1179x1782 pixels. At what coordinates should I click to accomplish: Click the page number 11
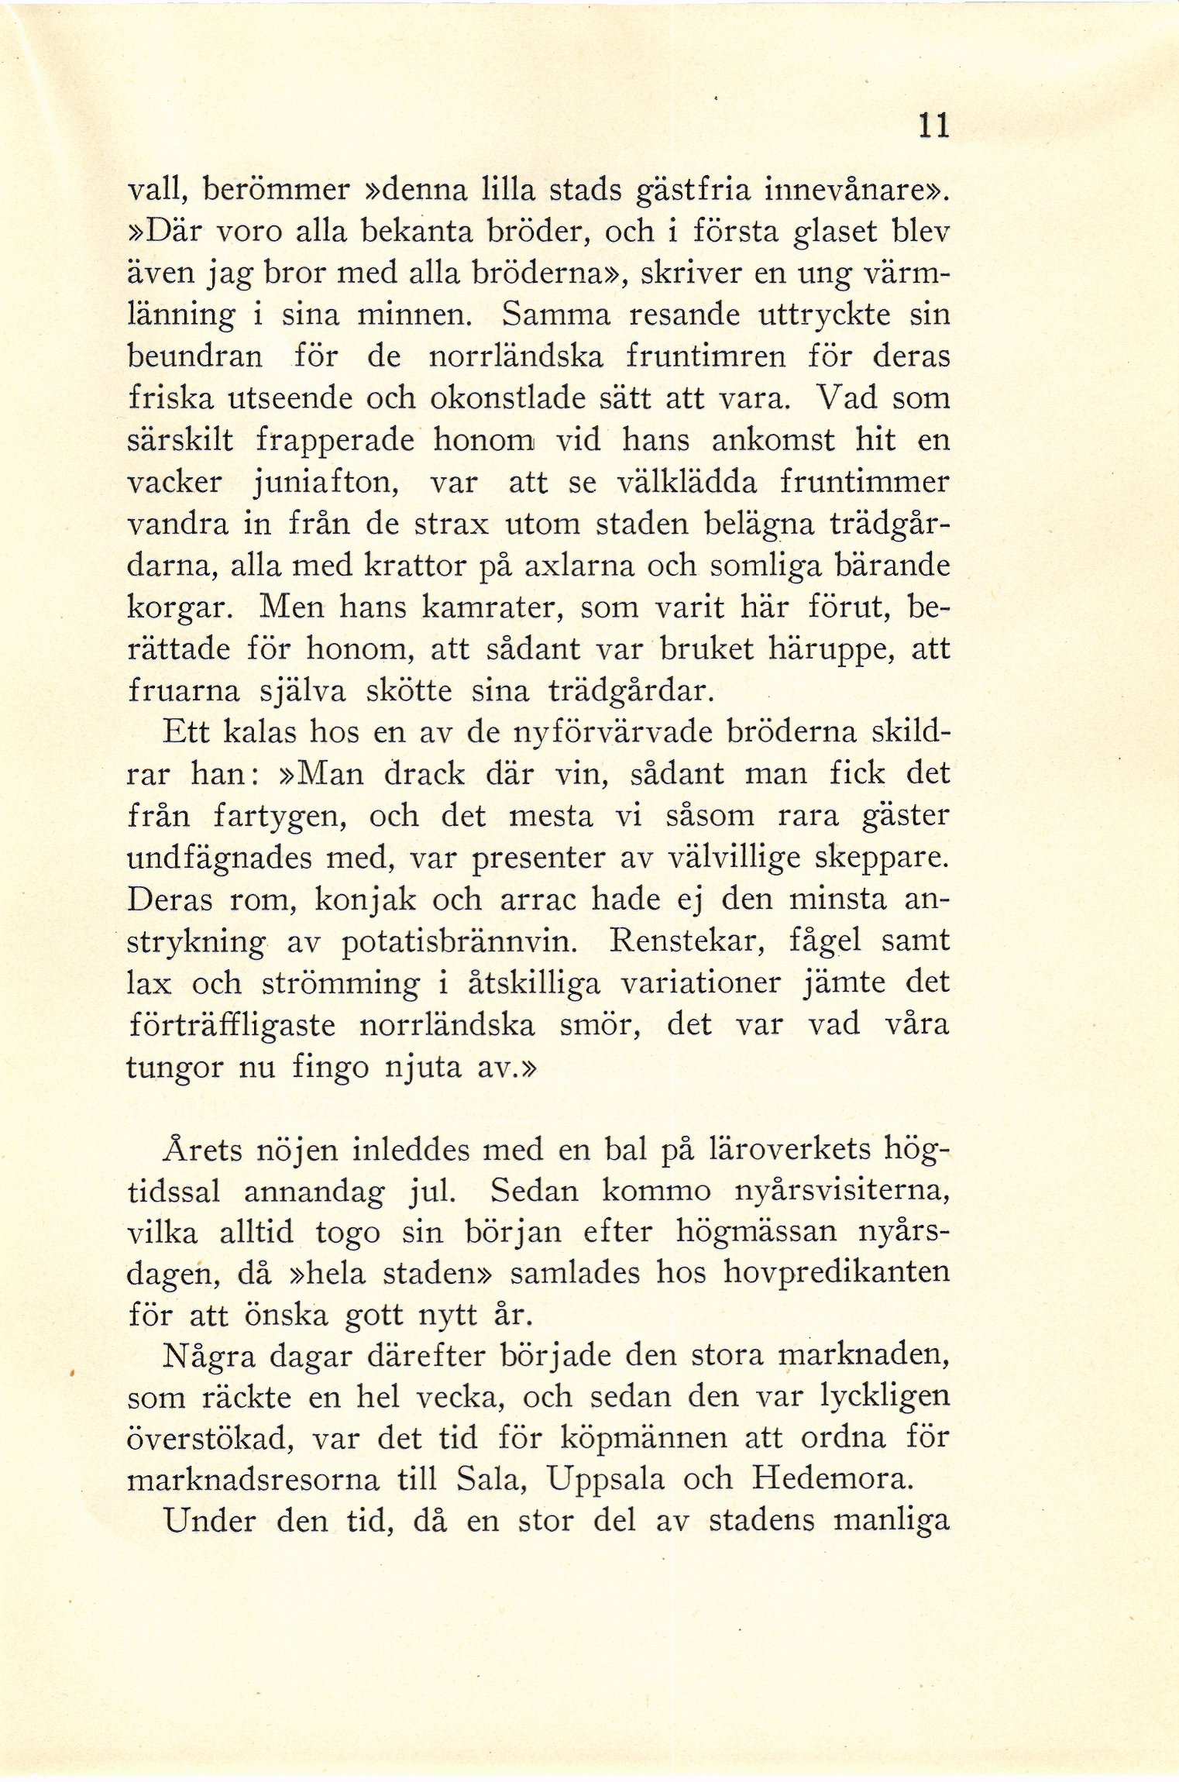(x=932, y=126)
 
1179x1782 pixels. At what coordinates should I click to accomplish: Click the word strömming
(x=340, y=984)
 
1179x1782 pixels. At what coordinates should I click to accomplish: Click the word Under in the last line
(x=209, y=1521)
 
